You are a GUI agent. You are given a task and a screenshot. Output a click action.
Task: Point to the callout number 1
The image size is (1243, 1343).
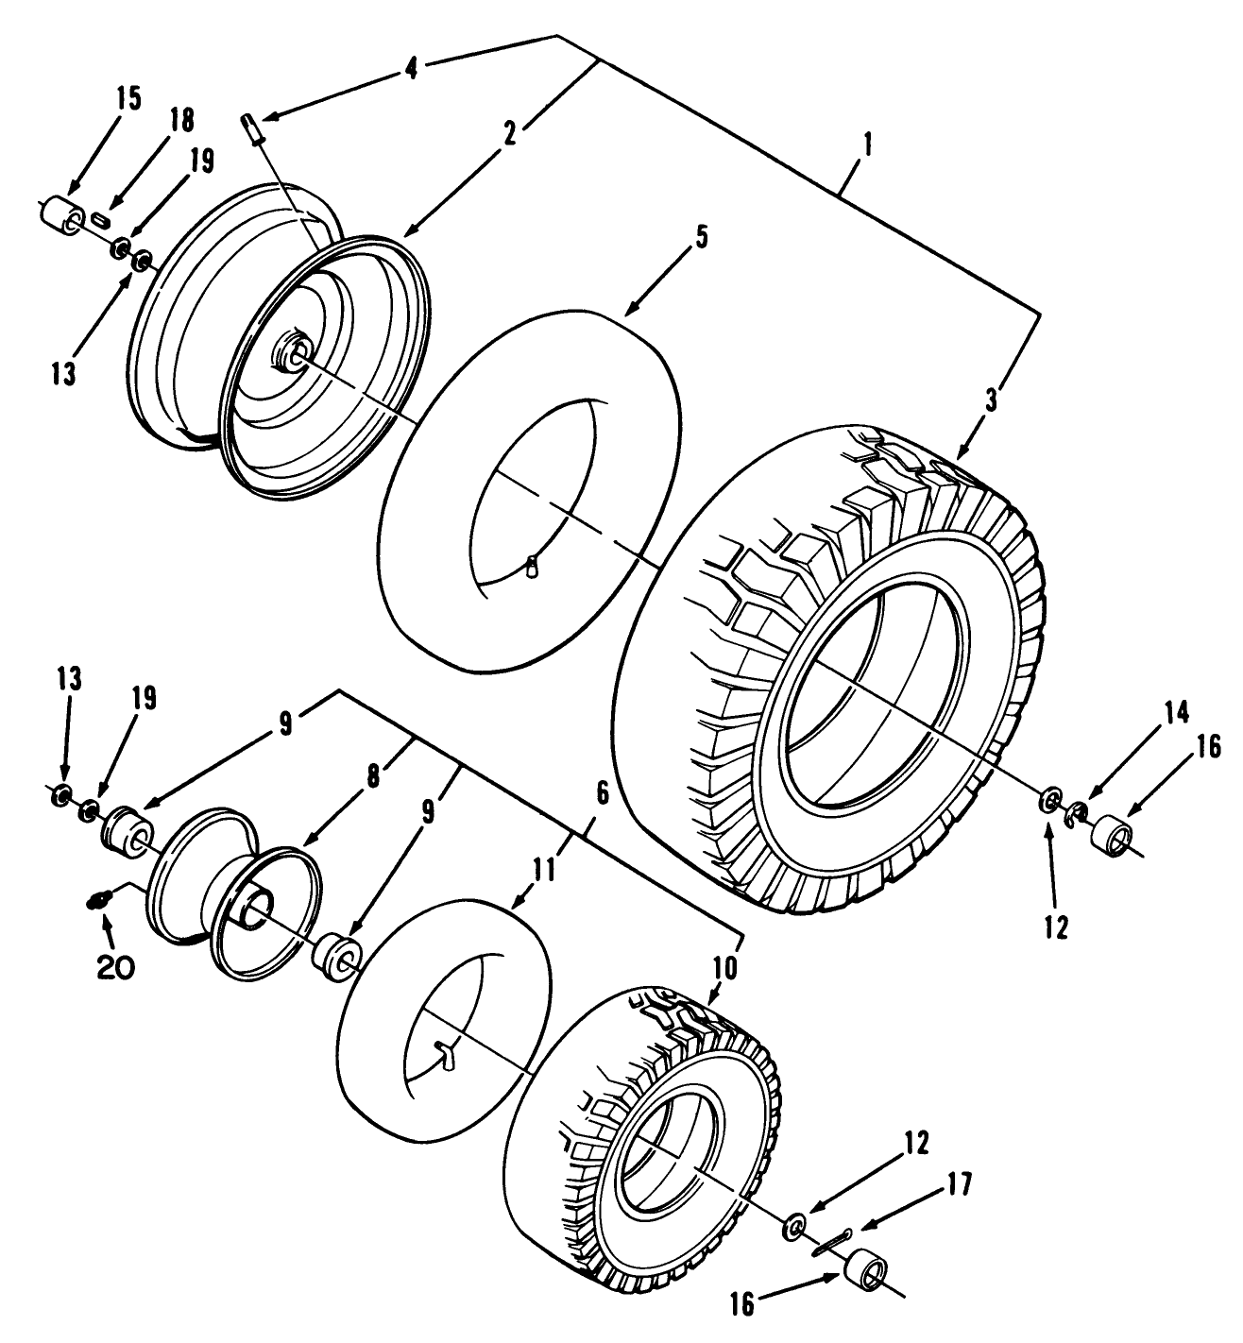pyautogui.click(x=868, y=146)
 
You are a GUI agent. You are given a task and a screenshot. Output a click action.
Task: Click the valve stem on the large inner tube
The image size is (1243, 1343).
pyautogui.click(x=533, y=567)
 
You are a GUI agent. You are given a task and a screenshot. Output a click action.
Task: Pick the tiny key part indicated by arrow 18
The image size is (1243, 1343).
pyautogui.click(x=103, y=221)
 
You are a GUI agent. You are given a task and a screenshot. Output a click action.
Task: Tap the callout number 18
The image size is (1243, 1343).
pyautogui.click(x=181, y=120)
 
